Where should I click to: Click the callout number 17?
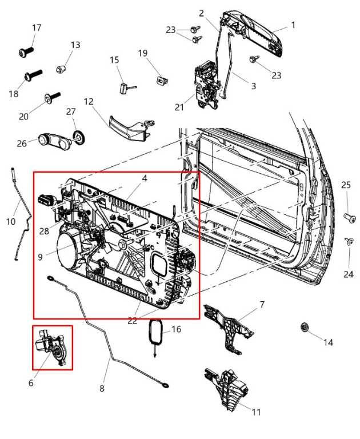[x=37, y=27]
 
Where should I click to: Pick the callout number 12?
[x=88, y=101]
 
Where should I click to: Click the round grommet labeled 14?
[x=305, y=328]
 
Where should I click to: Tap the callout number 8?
[x=102, y=389]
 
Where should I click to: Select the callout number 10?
[x=11, y=221]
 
